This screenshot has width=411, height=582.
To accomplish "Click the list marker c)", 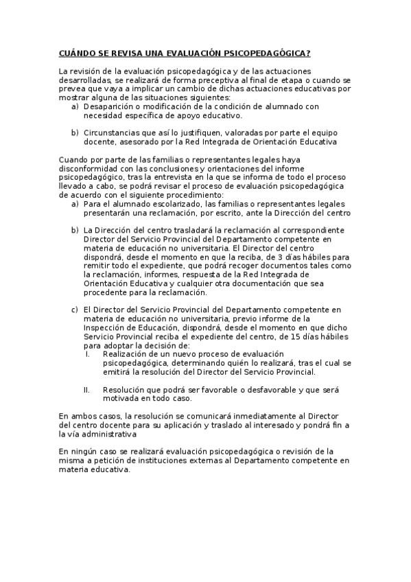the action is (x=75, y=310).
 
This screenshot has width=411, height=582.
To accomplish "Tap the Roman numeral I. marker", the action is (x=88, y=354).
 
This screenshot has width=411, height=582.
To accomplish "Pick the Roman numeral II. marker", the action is (x=88, y=389).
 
